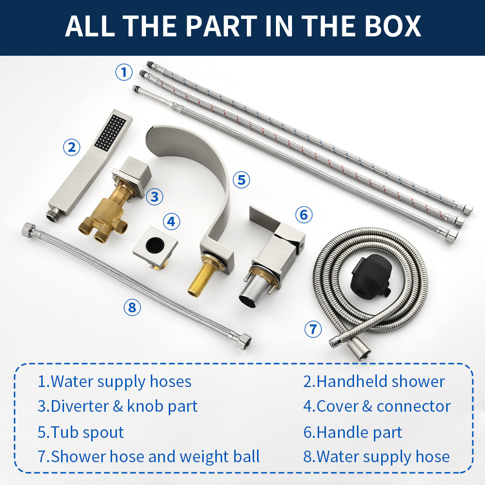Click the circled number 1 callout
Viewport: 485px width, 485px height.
(124, 72)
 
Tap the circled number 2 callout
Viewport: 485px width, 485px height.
(71, 147)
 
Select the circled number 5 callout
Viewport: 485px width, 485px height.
(241, 180)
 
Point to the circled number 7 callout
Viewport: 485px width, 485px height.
(313, 329)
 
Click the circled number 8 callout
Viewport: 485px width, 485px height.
(132, 307)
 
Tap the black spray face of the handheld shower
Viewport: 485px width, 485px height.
(111, 131)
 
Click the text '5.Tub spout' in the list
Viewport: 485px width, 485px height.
(81, 432)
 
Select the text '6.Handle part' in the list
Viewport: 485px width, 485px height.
(353, 432)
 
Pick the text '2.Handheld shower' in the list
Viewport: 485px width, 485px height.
(374, 381)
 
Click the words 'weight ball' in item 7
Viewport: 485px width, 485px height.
(220, 456)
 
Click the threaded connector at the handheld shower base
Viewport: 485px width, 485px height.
(52, 214)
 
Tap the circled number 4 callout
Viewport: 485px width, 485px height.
(171, 222)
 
